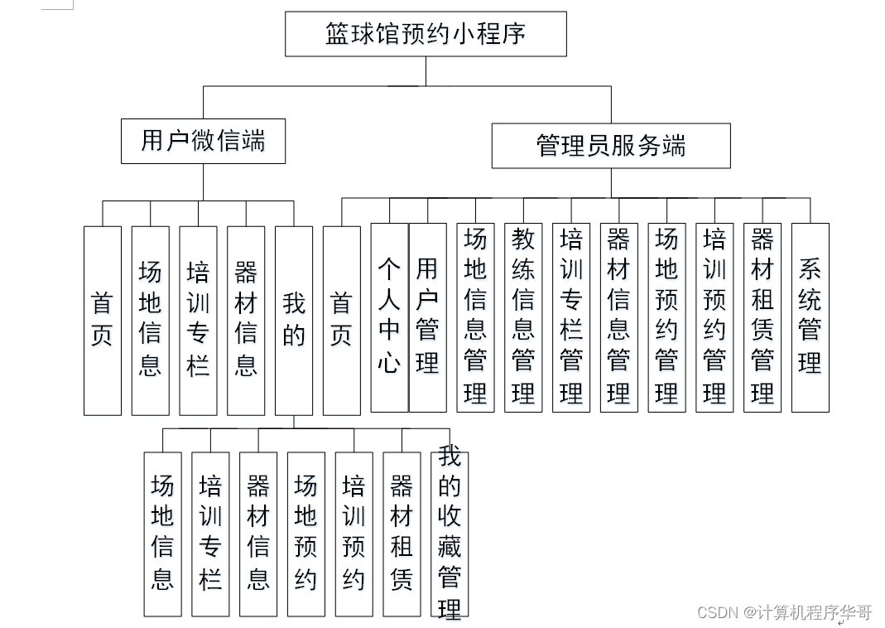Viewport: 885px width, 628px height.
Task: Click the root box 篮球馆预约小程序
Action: click(x=426, y=34)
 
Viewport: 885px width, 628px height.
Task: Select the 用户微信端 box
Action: click(x=203, y=141)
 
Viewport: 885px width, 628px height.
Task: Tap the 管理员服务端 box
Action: click(x=611, y=146)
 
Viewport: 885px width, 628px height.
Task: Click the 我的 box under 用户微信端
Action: click(x=294, y=320)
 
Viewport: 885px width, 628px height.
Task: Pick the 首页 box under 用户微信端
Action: click(x=102, y=320)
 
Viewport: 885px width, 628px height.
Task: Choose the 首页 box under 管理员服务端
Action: click(x=341, y=320)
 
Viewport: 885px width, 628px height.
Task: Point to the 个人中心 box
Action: click(x=389, y=316)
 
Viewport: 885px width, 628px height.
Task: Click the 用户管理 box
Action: click(x=427, y=316)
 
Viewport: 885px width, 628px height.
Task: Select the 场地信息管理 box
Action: click(x=475, y=316)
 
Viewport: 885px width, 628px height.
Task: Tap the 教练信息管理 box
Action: click(x=523, y=316)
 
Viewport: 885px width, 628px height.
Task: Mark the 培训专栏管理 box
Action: click(x=571, y=316)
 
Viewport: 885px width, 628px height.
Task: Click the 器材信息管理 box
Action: click(x=618, y=316)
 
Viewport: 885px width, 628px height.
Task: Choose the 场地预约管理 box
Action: click(x=666, y=316)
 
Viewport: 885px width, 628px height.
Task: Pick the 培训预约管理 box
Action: click(x=714, y=316)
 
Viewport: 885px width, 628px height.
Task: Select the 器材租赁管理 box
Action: click(x=762, y=316)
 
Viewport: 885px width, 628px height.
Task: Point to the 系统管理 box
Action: click(x=810, y=316)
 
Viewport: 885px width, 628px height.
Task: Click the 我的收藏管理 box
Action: click(x=450, y=534)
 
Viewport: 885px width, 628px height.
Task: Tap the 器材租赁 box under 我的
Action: click(x=402, y=534)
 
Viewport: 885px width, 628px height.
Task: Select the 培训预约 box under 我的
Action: click(x=354, y=534)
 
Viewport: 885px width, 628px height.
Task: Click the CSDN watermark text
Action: click(x=784, y=613)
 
